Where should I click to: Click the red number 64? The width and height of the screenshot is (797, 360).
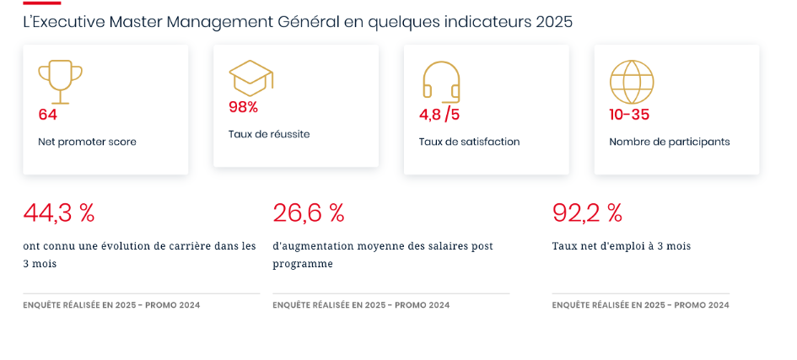pyautogui.click(x=48, y=115)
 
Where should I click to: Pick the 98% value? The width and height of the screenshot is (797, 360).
pyautogui.click(x=244, y=107)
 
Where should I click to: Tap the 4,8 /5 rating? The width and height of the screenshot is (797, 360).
pyautogui.click(x=439, y=115)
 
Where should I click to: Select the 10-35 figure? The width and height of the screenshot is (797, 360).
pyautogui.click(x=629, y=115)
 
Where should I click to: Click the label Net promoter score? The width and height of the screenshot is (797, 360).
pyautogui.click(x=88, y=142)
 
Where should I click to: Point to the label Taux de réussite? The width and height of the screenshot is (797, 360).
pyautogui.click(x=269, y=135)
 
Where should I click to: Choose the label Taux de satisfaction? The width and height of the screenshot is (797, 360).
pyautogui.click(x=469, y=142)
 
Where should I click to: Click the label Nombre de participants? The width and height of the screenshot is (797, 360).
pyautogui.click(x=670, y=142)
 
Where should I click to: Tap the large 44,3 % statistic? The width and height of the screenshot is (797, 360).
pyautogui.click(x=59, y=213)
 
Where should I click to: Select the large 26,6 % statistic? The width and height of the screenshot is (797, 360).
pyautogui.click(x=309, y=213)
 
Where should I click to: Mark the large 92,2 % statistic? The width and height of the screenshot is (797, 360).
pyautogui.click(x=587, y=213)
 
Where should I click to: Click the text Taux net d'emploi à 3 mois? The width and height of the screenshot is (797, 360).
pyautogui.click(x=622, y=247)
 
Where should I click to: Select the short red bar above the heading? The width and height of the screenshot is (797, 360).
pyautogui.click(x=42, y=3)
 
